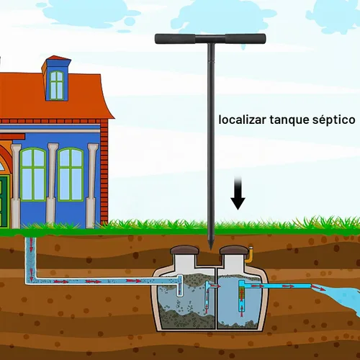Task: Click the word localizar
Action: click(242, 120)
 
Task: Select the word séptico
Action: click(333, 120)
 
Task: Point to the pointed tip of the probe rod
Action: click(211, 249)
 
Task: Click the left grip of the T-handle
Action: click(175, 39)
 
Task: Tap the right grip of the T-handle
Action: click(246, 39)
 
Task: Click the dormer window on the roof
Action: click(57, 85)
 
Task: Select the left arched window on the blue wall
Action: click(33, 174)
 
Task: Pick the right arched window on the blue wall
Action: click(71, 174)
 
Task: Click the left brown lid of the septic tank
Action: click(184, 251)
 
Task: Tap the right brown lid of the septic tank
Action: click(235, 251)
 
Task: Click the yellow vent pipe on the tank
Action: click(250, 255)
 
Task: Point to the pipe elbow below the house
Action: click(31, 280)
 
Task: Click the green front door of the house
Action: click(4, 202)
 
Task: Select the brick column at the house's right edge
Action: click(104, 171)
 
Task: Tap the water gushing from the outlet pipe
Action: click(341, 297)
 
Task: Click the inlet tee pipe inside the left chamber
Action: click(179, 285)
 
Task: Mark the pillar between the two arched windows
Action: click(52, 185)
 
